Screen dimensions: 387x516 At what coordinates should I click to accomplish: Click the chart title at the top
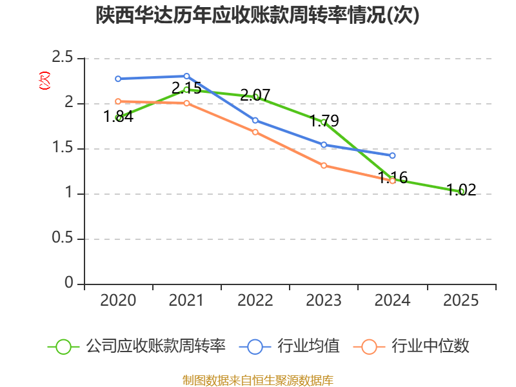[258, 15]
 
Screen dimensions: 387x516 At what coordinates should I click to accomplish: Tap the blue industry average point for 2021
[187, 76]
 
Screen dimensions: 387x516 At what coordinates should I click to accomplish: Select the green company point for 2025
[462, 192]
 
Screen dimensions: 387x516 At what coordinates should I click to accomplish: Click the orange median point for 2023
[324, 166]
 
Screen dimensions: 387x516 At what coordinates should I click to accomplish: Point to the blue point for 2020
[118, 79]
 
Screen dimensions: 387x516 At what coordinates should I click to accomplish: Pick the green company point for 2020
[118, 118]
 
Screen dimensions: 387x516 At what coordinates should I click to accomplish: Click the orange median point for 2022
[255, 132]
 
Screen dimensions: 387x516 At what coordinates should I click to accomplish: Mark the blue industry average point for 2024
[392, 155]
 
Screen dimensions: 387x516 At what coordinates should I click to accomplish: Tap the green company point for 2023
[324, 122]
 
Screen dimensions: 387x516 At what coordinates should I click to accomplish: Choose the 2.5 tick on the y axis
[64, 59]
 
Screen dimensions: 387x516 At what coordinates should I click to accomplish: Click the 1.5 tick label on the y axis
[64, 149]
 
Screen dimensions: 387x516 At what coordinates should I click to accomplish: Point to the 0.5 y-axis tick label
[64, 239]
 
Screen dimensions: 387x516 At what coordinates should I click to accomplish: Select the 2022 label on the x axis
[255, 301]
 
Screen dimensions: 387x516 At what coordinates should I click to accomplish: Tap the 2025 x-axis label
[462, 301]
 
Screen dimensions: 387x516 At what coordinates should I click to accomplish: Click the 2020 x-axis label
[118, 301]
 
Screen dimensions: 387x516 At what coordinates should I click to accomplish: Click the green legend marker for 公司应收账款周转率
[63, 346]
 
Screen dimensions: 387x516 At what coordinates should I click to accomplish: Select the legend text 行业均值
[308, 346]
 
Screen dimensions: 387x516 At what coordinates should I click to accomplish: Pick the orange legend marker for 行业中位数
[369, 346]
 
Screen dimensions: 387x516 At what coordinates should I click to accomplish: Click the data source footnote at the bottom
[258, 380]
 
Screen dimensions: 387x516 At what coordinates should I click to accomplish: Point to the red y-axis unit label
[44, 81]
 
